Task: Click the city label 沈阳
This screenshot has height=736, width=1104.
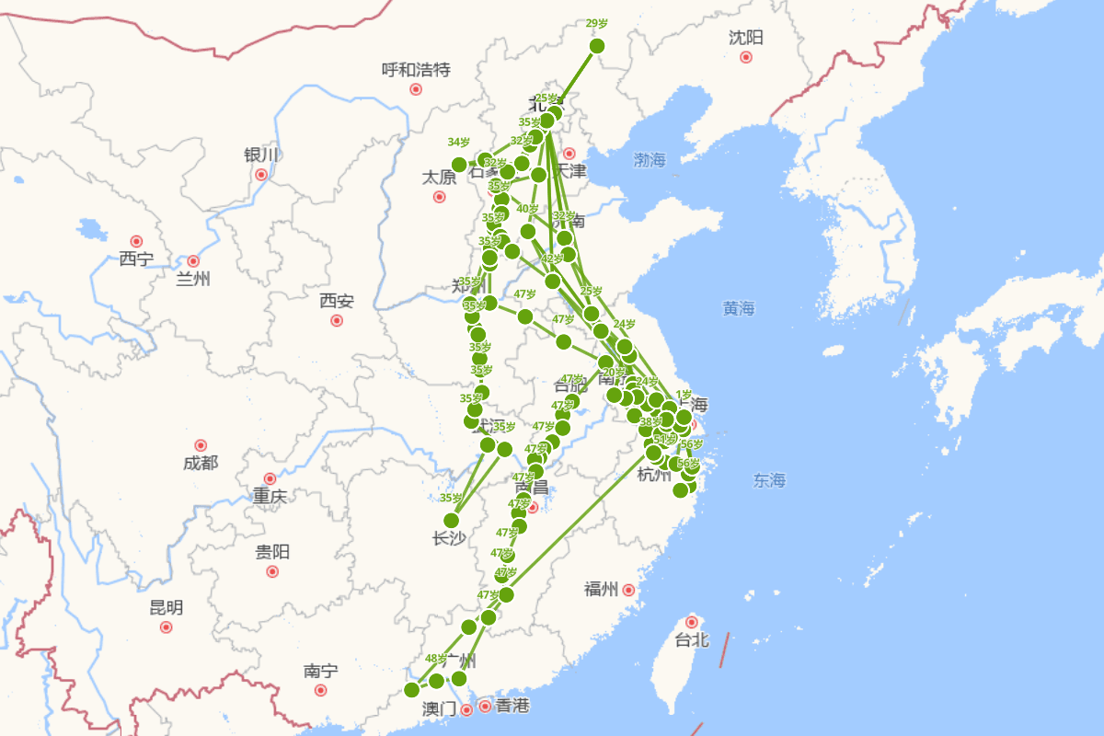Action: tap(746, 38)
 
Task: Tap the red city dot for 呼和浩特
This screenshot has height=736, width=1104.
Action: tap(416, 89)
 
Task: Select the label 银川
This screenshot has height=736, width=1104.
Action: tap(259, 155)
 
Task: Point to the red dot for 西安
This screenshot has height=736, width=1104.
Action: tap(337, 320)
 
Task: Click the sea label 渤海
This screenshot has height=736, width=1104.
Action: tap(650, 160)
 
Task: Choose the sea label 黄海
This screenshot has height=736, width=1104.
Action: tap(739, 308)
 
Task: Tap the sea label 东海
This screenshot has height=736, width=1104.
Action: tap(769, 479)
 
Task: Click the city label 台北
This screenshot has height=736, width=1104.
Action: tap(692, 639)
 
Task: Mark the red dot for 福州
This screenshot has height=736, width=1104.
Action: tap(628, 590)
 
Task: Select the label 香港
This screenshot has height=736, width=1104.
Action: tap(512, 706)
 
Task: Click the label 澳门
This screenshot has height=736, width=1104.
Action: tap(439, 708)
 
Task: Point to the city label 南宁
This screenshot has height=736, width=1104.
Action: tap(320, 672)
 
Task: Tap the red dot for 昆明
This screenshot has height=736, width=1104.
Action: tap(167, 627)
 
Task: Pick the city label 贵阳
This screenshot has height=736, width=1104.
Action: tap(272, 552)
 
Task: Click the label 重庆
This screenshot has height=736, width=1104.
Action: tap(270, 497)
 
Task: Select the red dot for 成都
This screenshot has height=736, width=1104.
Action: tap(201, 445)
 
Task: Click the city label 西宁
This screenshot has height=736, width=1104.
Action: tap(136, 259)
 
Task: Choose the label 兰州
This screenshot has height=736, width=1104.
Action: tap(193, 279)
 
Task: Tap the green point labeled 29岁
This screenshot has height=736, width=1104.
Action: tap(597, 46)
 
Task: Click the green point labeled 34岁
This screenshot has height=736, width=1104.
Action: tap(459, 165)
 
